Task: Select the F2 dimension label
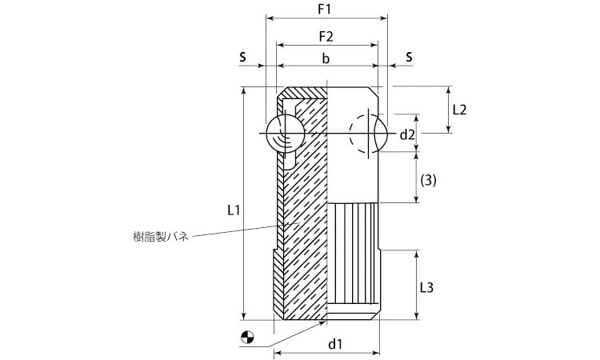(x=326, y=37)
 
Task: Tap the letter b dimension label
(x=326, y=58)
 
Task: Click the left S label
(x=242, y=58)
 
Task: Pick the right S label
(x=409, y=58)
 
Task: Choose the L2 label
(x=459, y=110)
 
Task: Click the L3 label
(x=427, y=286)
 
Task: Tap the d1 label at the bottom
(x=336, y=344)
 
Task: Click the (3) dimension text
(x=428, y=181)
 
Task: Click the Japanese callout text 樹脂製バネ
(x=160, y=237)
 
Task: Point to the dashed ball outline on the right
(x=367, y=132)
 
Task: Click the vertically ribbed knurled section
(x=354, y=256)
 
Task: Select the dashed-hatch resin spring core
(x=309, y=208)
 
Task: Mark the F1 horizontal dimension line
(x=326, y=18)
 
